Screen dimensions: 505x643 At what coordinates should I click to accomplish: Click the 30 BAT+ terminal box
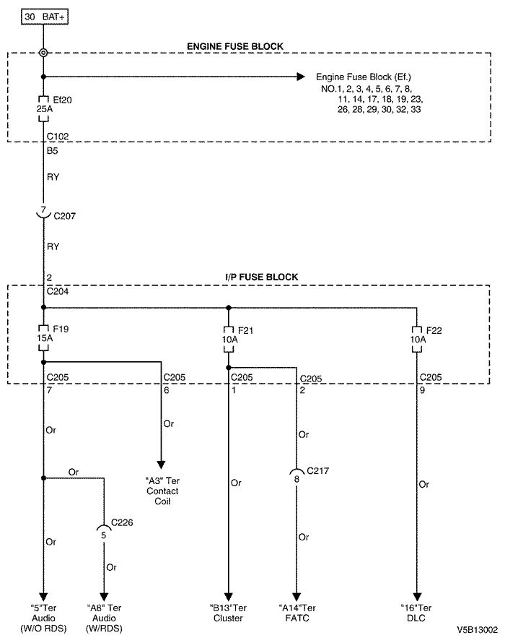click(x=45, y=17)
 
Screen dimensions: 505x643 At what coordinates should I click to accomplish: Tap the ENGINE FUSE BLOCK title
click(x=235, y=46)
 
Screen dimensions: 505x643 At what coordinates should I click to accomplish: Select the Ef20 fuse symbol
click(x=43, y=109)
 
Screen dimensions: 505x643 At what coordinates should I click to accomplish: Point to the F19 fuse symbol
click(x=43, y=338)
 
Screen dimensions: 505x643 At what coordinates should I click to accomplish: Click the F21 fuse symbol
click(x=229, y=340)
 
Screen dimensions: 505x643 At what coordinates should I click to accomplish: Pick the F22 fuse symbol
click(x=416, y=340)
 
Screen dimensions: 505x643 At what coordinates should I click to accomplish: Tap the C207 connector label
click(x=65, y=216)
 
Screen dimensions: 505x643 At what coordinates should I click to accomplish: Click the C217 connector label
click(x=318, y=471)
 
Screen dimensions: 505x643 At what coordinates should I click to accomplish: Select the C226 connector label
click(x=122, y=522)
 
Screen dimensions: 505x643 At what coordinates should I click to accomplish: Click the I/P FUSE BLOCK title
click(x=262, y=277)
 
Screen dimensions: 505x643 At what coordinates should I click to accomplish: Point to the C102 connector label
click(x=58, y=136)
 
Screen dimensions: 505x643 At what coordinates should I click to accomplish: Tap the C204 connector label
click(x=58, y=292)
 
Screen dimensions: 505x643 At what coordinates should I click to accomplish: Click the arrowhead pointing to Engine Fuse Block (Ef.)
click(x=301, y=77)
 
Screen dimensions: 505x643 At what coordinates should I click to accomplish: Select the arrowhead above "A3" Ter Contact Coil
click(x=162, y=465)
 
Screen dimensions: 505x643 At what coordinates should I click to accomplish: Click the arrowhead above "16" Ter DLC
click(x=417, y=597)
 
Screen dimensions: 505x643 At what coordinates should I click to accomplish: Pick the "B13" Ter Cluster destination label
click(x=228, y=613)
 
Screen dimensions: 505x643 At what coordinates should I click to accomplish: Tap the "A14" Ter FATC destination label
click(x=297, y=613)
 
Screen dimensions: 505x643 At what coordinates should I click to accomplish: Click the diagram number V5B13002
click(x=478, y=630)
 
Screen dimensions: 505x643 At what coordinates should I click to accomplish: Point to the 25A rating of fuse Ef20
click(x=45, y=109)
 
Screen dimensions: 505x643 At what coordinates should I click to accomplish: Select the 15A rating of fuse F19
click(x=45, y=338)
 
